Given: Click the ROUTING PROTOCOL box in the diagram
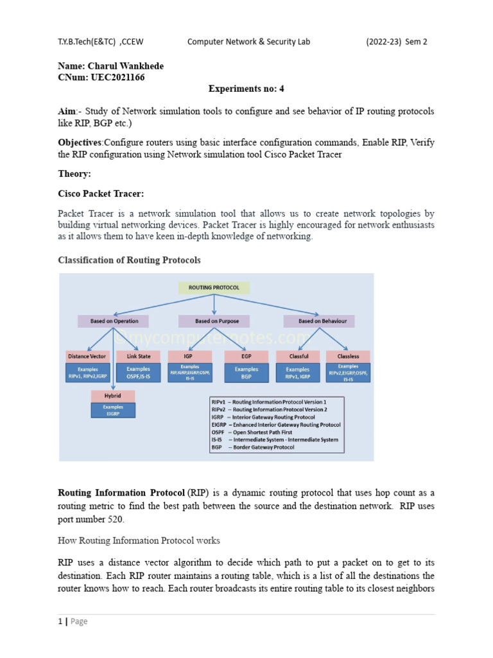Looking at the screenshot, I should point(214,288).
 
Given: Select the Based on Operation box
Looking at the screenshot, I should point(113,321).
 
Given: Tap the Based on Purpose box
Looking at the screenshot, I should point(214,321).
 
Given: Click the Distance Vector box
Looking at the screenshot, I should point(87,356).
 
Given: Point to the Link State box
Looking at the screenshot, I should point(138,356).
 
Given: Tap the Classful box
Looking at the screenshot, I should point(298,356).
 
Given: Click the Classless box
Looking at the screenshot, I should point(348,356).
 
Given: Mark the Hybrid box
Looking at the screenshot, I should point(113,396).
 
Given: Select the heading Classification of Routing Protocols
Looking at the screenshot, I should point(129,260).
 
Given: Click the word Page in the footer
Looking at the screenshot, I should point(79,621).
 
